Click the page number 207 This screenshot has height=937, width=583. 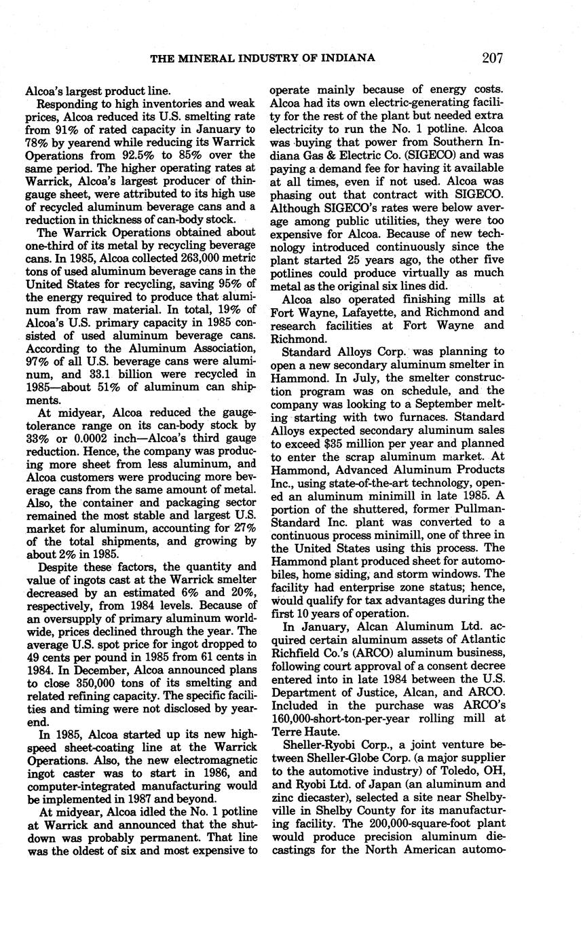coord(491,58)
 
